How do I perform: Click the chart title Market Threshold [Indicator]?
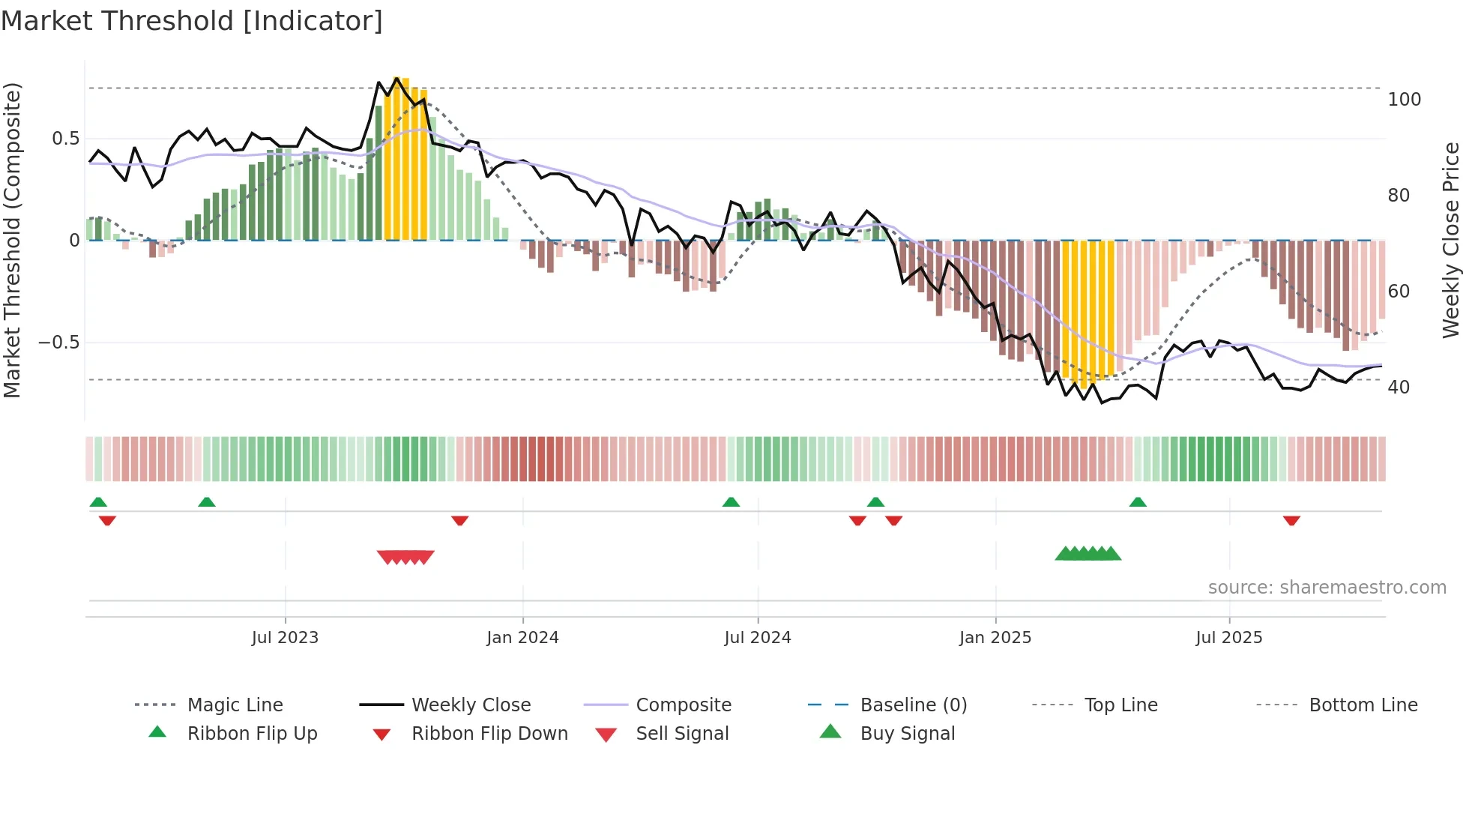(192, 21)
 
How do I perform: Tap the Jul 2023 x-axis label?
(285, 638)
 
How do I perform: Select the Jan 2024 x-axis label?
(522, 638)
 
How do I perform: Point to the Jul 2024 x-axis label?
(758, 638)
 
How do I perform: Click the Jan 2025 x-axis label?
(995, 638)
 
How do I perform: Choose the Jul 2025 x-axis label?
(1229, 638)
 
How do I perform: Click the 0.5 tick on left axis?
(66, 139)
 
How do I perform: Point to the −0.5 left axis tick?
(59, 343)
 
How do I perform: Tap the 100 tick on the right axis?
(1404, 100)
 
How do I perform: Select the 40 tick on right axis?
(1399, 388)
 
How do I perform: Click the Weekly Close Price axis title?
(1452, 240)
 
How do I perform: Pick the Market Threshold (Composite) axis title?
(12, 240)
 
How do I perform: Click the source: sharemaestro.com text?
(1327, 588)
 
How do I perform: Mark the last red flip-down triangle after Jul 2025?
(1291, 520)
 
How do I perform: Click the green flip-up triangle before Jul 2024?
(731, 502)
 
